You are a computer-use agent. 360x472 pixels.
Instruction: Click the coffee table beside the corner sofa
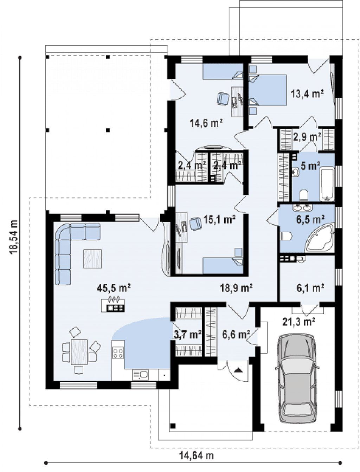click(x=92, y=258)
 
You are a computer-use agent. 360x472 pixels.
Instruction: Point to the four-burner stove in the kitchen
click(x=118, y=353)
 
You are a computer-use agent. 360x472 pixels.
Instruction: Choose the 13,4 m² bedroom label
click(x=307, y=94)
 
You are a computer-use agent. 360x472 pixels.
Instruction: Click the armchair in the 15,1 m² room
click(x=196, y=224)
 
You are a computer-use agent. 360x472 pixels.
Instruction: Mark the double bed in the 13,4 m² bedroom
click(x=268, y=90)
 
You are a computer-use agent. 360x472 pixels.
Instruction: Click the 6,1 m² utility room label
click(x=310, y=288)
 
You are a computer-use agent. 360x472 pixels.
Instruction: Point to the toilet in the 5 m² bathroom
click(x=304, y=195)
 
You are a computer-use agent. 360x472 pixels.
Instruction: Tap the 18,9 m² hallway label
click(x=236, y=288)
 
